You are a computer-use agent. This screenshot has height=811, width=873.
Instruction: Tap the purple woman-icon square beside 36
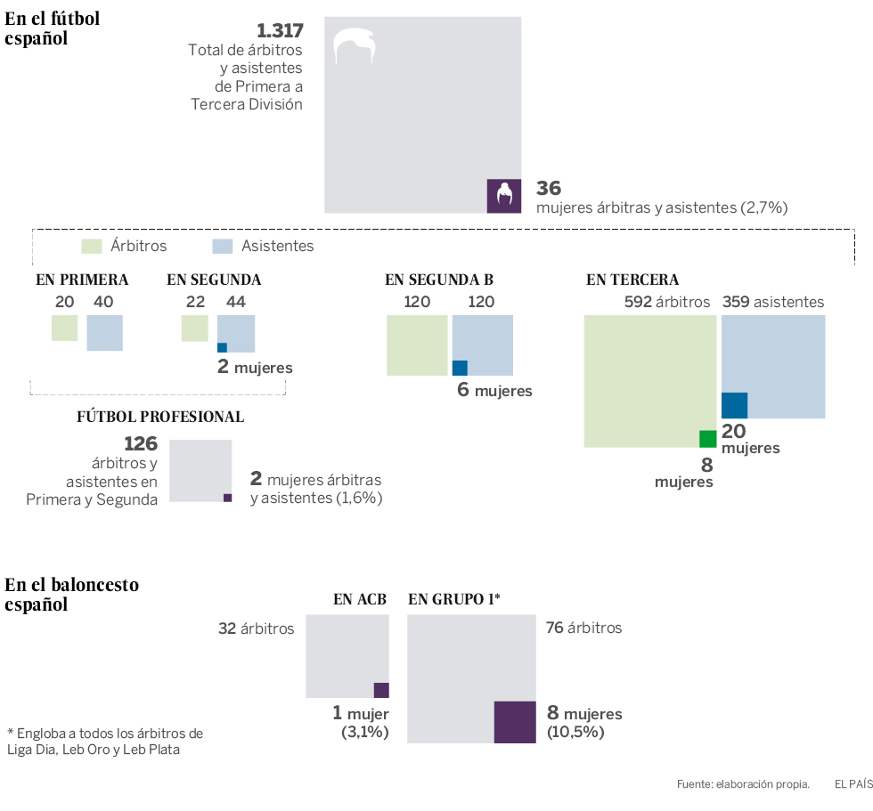504,196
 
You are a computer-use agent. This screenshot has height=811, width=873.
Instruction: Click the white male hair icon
355,45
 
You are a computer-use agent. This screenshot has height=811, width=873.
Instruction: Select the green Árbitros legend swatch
93,246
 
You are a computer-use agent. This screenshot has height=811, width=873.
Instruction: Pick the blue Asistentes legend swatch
223,246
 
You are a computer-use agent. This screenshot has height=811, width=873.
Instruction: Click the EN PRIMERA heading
82,280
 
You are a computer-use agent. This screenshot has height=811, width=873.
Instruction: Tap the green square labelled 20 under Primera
64,328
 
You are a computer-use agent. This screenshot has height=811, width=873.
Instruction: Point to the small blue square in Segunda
223,347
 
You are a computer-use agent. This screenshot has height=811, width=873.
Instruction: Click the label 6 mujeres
494,390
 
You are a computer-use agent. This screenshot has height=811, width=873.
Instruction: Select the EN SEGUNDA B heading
439,280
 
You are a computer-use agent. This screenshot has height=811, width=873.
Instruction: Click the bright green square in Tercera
708,438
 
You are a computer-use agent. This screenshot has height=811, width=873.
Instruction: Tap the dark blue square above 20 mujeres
734,405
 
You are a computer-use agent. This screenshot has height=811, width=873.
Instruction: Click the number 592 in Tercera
638,302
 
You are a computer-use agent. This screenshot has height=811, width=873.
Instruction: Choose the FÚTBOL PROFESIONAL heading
160,417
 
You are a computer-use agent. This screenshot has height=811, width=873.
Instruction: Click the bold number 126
141,443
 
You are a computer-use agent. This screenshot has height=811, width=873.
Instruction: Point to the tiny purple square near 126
227,498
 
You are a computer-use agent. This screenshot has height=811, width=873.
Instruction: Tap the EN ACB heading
360,599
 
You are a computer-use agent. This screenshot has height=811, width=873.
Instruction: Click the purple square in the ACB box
381,690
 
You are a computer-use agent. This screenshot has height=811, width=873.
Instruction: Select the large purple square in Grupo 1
514,722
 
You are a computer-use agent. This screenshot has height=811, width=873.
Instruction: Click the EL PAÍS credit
853,784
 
